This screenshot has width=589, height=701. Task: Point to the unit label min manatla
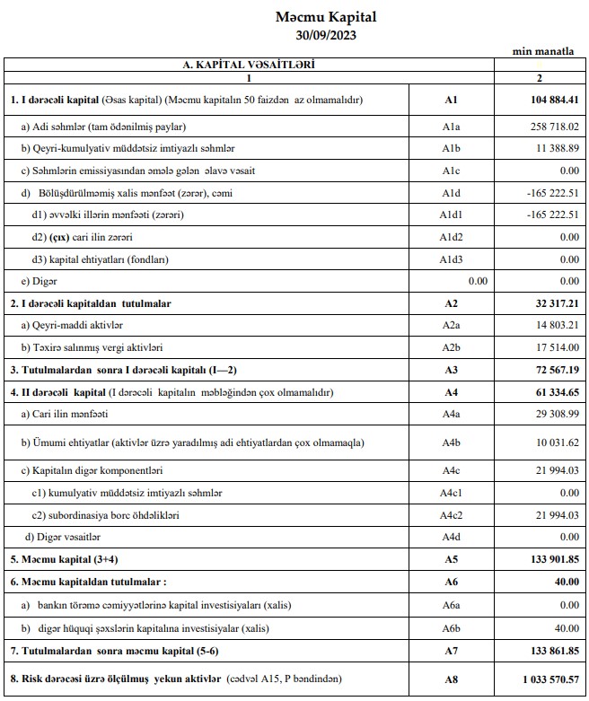coord(543,52)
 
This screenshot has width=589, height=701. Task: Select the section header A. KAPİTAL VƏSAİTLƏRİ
coord(250,65)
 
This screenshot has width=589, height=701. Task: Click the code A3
coord(451,369)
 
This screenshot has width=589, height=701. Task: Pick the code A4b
coord(451,443)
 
